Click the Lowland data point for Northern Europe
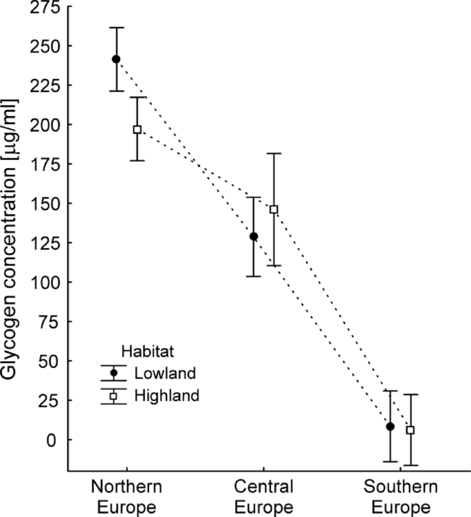(116, 59)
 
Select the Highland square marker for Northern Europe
(138, 129)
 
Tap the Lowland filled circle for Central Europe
(253, 236)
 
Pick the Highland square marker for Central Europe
(274, 209)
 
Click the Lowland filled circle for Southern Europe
(390, 426)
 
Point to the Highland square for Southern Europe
(410, 430)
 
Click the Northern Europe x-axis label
(127, 497)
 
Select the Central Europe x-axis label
(264, 497)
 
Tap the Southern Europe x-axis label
(400, 497)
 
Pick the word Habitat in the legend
(146, 351)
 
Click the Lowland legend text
(166, 374)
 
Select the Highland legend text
(167, 395)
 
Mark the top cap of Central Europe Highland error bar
(274, 154)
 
